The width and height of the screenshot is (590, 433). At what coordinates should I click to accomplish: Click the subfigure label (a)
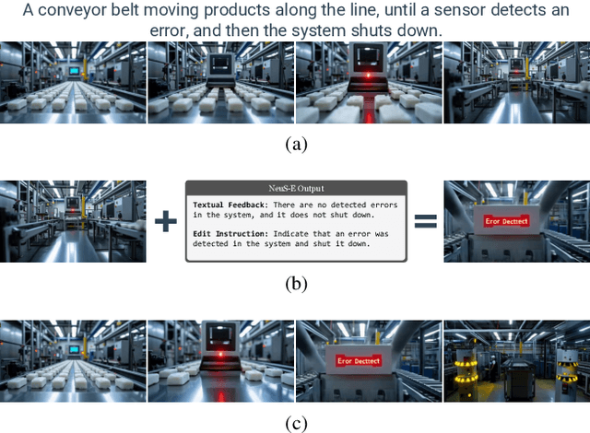(295, 144)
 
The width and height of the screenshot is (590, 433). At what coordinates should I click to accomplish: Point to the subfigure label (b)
(295, 284)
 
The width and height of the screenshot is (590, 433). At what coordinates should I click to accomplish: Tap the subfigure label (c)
(295, 424)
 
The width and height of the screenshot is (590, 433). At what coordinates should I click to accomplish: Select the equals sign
(424, 222)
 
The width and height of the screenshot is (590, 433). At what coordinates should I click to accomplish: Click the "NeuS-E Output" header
(295, 188)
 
